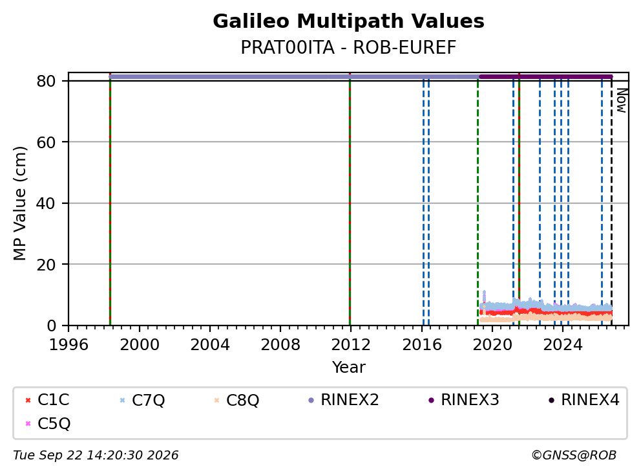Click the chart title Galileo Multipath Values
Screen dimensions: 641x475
[348, 21]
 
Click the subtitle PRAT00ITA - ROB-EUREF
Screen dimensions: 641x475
[348, 47]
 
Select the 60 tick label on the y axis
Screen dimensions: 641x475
[46, 142]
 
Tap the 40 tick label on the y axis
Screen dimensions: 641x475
[46, 203]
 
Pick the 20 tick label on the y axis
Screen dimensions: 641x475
[46, 265]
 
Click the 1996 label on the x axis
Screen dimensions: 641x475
[68, 345]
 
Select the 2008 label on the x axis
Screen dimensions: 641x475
[280, 345]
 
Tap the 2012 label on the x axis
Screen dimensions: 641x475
[351, 345]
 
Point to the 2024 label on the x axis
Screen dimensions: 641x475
[563, 345]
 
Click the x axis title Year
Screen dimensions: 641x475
[348, 368]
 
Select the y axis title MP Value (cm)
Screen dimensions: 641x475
[19, 203]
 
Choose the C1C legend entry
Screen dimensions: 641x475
[47, 400]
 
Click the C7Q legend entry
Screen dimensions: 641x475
[142, 400]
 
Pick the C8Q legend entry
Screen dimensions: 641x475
[236, 400]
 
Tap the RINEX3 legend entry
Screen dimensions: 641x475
[463, 400]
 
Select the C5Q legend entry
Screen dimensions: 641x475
[47, 423]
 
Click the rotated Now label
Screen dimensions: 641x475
[622, 101]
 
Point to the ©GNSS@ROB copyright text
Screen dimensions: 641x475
[574, 455]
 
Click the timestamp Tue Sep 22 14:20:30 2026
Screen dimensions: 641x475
[96, 455]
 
